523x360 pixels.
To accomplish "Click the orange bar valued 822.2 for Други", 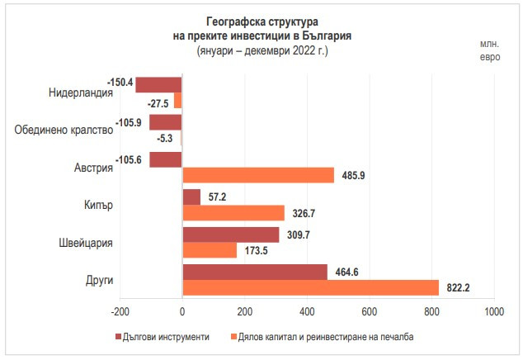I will coord(310,287).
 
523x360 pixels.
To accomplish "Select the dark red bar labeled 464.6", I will coord(254,272).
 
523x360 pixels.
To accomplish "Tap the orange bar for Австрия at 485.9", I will coord(258,175).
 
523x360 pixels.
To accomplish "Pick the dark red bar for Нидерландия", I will coord(158,84).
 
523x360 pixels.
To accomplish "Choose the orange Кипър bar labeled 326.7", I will coord(233,213).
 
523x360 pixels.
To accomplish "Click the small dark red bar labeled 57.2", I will coord(191,197).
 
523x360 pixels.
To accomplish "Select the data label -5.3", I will coord(164,138).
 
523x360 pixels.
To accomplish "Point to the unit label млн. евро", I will coord(491,50).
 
